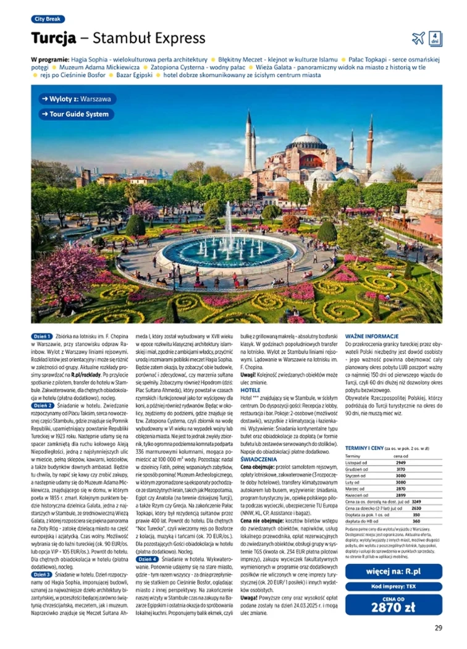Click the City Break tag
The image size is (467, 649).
point(48,19)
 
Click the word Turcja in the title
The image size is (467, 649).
point(54,38)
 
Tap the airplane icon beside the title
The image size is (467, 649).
point(418,38)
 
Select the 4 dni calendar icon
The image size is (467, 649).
point(435,38)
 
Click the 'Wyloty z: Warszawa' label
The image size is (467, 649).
point(75,99)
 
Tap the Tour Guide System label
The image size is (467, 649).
point(75,114)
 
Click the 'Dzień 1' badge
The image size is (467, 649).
point(42,337)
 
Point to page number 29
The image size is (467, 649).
point(438,629)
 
